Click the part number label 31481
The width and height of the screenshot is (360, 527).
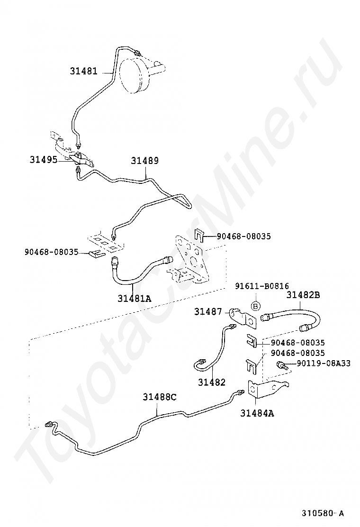pos(84,72)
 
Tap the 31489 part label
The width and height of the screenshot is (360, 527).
pos(144,161)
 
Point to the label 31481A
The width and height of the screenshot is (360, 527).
pos(134,298)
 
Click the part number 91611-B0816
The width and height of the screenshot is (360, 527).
pos(262,286)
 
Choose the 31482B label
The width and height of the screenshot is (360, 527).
pos(303,295)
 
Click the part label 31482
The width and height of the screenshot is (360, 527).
pos(212,382)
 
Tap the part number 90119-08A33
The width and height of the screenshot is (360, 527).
pos(324,363)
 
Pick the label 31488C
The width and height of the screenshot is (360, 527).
pos(160,397)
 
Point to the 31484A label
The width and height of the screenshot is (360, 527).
pos(257,413)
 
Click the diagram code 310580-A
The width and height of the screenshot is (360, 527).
pos(323,513)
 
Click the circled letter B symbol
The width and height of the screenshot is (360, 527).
pos(255,306)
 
